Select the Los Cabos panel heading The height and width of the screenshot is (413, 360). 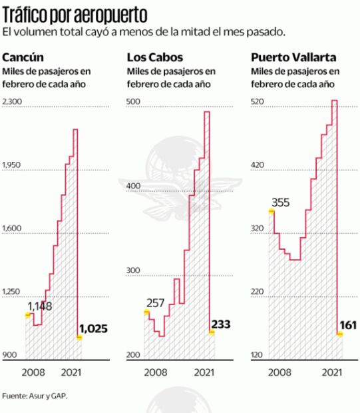pyautogui.click(x=155, y=57)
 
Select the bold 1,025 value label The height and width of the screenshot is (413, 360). pyautogui.click(x=93, y=328)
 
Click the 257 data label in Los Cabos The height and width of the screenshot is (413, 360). pyautogui.click(x=156, y=304)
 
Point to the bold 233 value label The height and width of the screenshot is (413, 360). pyautogui.click(x=220, y=324)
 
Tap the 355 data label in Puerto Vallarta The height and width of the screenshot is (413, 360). pyautogui.click(x=280, y=203)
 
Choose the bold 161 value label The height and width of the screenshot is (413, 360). pyautogui.click(x=347, y=326)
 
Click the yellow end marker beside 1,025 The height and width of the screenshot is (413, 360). pyautogui.click(x=79, y=338)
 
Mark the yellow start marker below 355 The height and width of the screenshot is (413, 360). pyautogui.click(x=271, y=211)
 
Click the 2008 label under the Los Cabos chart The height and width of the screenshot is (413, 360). pyautogui.click(x=156, y=373)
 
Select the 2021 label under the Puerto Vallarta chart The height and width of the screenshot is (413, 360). pyautogui.click(x=331, y=373)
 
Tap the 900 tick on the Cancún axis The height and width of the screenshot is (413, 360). pyautogui.click(x=9, y=356)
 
